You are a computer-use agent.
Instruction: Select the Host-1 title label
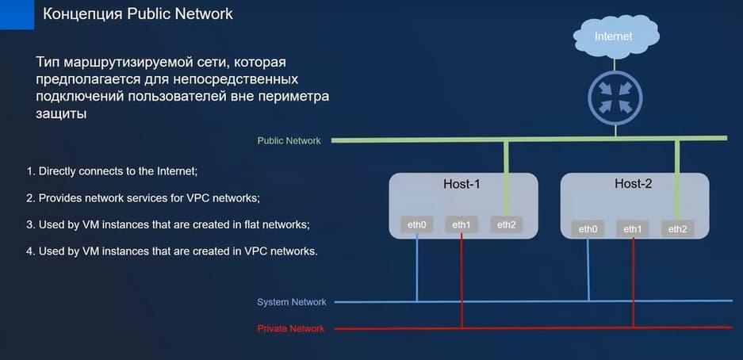(x=462, y=184)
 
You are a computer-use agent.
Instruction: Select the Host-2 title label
(x=633, y=184)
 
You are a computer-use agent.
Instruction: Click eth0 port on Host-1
(x=416, y=225)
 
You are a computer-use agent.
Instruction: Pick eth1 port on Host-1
(x=462, y=225)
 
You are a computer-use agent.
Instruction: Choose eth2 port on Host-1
(x=506, y=225)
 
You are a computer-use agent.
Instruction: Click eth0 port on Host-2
(x=588, y=228)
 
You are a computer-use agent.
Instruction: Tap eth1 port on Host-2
(x=633, y=228)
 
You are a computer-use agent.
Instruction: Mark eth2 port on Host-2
(x=677, y=228)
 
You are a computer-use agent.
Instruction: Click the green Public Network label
(x=289, y=141)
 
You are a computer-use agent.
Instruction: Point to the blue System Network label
(x=291, y=302)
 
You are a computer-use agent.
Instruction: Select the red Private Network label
(x=290, y=328)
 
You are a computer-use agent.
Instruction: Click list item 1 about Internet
(x=113, y=170)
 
